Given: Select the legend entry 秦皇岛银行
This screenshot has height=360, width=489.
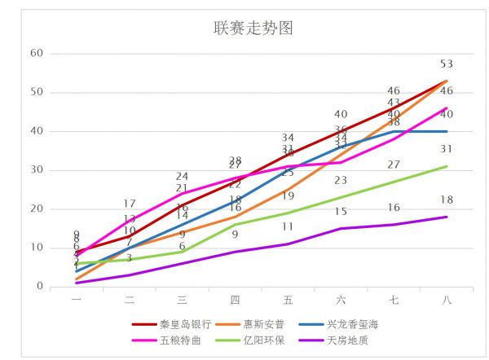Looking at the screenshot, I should [184, 324].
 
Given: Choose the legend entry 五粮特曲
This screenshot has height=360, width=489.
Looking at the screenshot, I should [178, 340].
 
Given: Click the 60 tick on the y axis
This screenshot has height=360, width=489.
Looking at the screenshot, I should [36, 54].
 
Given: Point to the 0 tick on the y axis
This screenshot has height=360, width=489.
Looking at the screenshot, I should [38, 286].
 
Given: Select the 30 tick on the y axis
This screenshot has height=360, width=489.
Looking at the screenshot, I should [36, 170].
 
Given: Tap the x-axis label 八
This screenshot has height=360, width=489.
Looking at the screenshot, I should [446, 300].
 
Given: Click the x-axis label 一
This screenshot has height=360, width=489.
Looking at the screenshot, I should [77, 300].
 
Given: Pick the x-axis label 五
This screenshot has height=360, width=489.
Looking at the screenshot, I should [288, 300].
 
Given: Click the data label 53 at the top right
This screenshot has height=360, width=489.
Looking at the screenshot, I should [446, 64].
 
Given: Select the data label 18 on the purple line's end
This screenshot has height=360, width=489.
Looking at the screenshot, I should [446, 200].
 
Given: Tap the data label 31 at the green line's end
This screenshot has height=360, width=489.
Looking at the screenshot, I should [446, 150].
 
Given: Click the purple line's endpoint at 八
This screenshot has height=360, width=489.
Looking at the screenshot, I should [447, 217].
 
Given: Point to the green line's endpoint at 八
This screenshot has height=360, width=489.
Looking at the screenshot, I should [447, 166].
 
